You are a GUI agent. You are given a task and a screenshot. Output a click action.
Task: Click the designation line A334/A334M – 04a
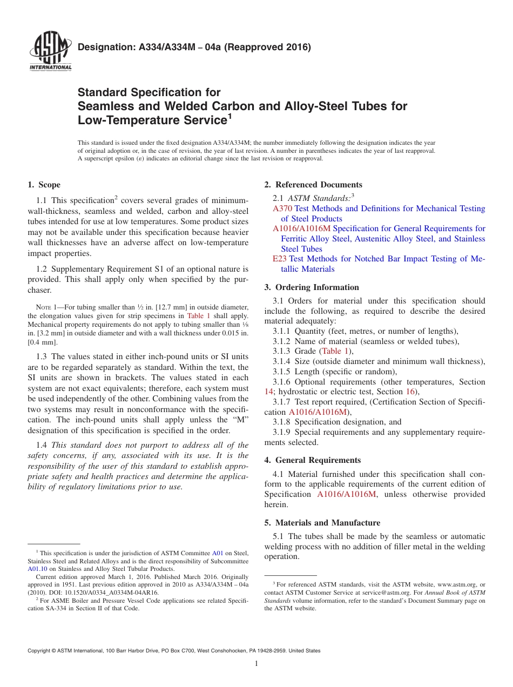click(x=194, y=47)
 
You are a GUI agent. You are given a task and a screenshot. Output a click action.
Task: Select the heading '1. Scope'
click(x=44, y=185)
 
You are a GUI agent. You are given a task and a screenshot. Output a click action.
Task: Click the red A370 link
click(x=282, y=208)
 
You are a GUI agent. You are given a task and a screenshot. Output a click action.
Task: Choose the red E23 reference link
click(x=279, y=259)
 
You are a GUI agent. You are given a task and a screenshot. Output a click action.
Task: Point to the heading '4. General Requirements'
click(x=313, y=460)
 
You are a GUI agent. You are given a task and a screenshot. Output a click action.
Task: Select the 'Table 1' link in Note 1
click(x=199, y=315)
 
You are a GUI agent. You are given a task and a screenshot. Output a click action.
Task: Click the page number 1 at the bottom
click(x=256, y=664)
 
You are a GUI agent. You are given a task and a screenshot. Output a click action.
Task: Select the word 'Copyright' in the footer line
click(x=40, y=651)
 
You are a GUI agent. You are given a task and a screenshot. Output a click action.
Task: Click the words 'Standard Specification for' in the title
click(x=149, y=92)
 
